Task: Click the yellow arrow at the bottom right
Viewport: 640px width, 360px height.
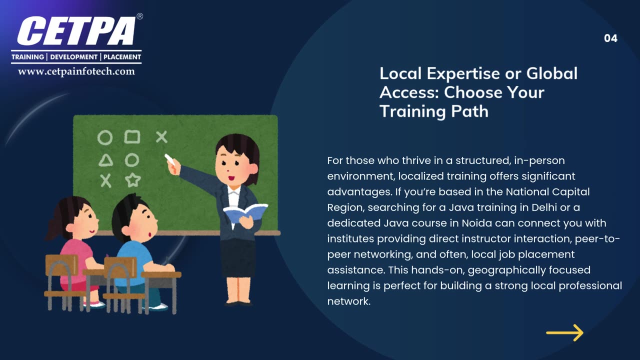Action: pos(564,332)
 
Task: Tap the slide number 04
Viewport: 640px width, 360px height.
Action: pos(610,38)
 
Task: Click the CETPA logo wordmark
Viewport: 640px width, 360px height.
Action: pos(76,31)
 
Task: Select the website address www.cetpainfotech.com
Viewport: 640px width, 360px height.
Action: pos(76,71)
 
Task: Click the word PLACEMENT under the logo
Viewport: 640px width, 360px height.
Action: pos(122,57)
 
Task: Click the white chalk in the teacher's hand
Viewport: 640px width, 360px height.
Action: pos(170,159)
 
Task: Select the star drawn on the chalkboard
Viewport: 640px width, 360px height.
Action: pos(132,179)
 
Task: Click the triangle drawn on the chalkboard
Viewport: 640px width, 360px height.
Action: pos(105,160)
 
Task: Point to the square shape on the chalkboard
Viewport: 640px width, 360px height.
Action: pos(132,136)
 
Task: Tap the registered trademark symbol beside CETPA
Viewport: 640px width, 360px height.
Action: pos(139,16)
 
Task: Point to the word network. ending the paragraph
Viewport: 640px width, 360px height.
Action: pos(348,301)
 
